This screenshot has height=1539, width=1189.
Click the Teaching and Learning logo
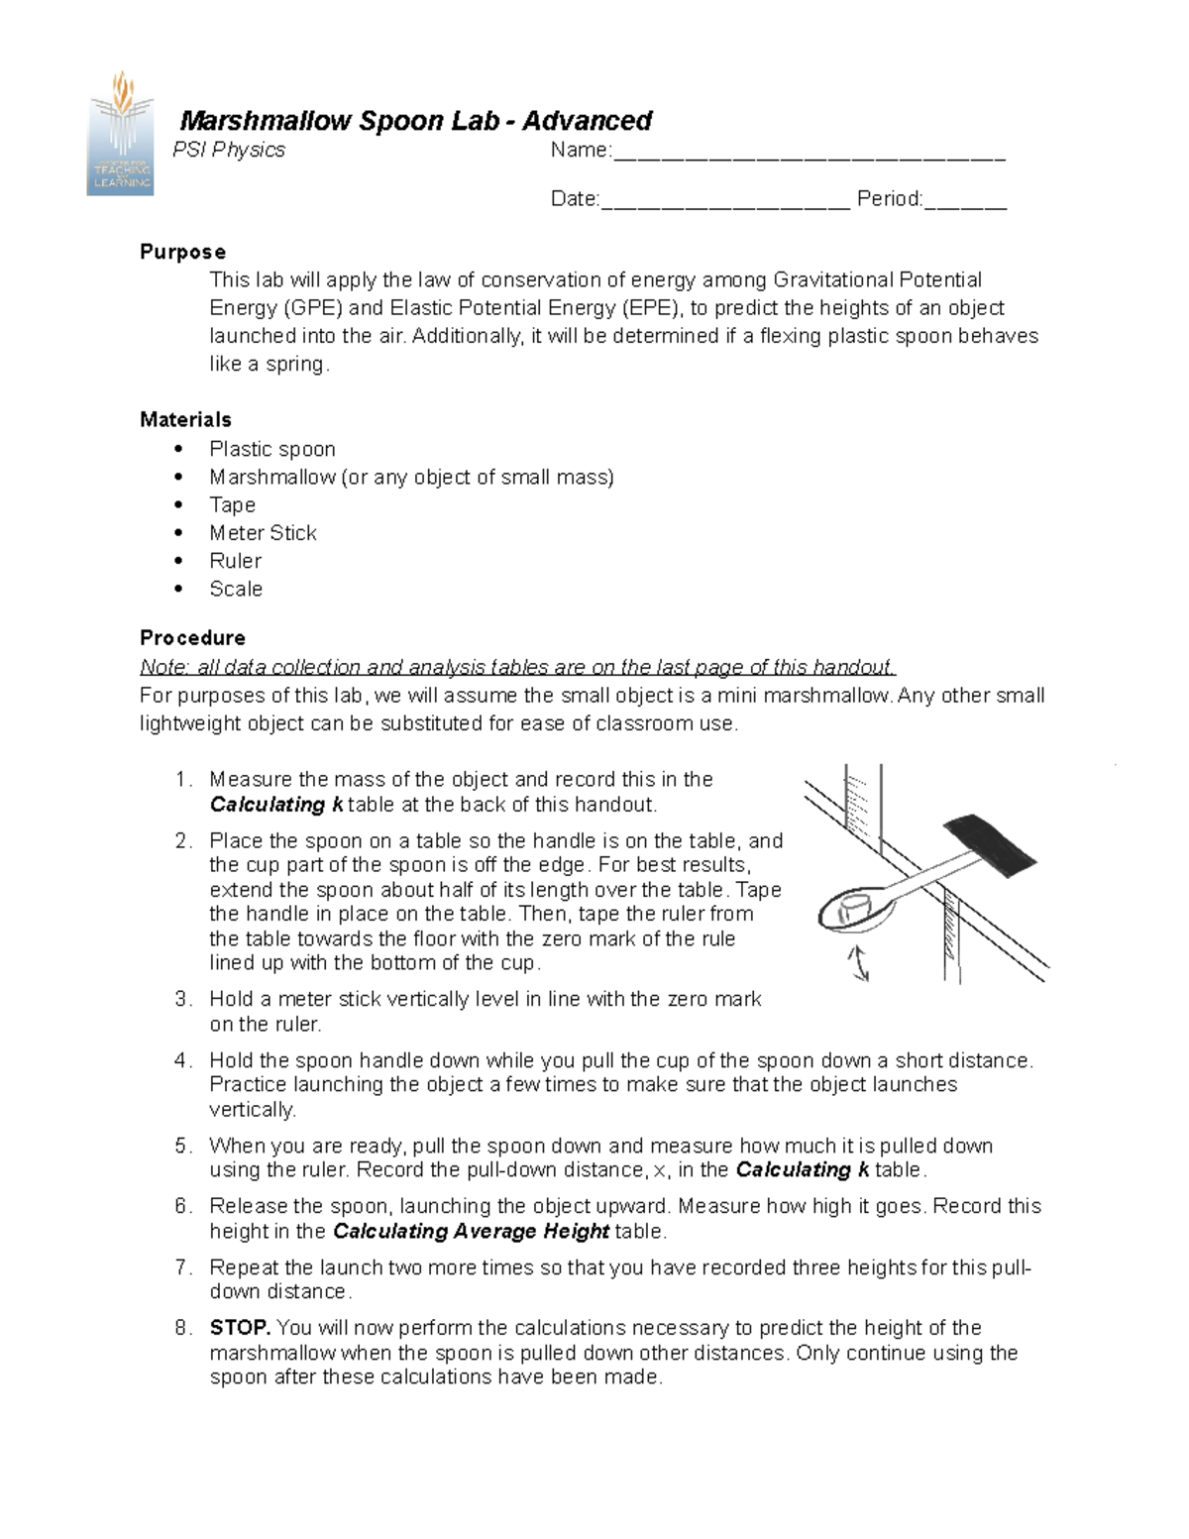121,134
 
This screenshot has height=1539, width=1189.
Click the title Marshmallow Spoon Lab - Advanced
415,121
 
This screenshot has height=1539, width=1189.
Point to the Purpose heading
182,252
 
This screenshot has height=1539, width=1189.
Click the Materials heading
185,419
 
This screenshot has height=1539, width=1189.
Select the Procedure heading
192,637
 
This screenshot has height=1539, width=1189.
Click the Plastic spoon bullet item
272,449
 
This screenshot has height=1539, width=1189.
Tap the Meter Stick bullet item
263,533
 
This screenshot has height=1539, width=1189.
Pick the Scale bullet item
236,589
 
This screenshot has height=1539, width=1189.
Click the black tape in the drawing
990,844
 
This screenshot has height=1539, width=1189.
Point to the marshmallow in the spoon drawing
853,909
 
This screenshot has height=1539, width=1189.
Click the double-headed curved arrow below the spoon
858,962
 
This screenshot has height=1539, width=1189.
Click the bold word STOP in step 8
240,1328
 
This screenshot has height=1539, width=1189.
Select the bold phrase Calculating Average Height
471,1231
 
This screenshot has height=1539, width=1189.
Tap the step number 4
182,1060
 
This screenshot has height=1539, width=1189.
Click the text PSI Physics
229,150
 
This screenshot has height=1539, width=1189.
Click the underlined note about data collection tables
517,667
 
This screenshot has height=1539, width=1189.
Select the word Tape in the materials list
232,505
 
